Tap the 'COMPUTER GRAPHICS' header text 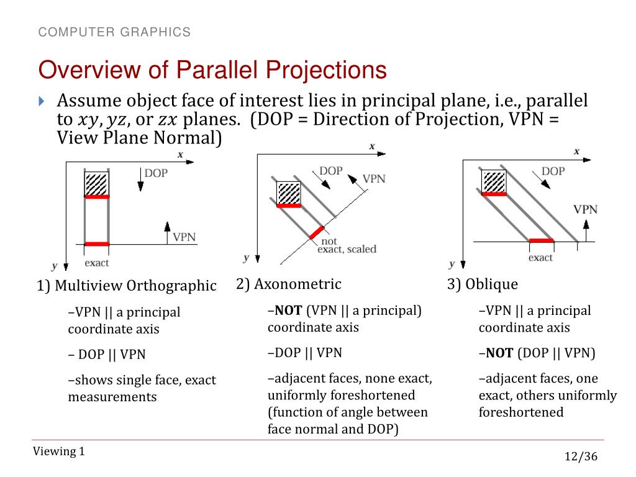click(114, 32)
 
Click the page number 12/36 click(580, 457)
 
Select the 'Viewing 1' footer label click(59, 452)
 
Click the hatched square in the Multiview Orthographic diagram click(97, 184)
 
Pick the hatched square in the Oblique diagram click(494, 181)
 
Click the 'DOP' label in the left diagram click(156, 173)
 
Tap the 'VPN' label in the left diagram click(184, 237)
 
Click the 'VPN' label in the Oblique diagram click(585, 209)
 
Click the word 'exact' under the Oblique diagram click(540, 257)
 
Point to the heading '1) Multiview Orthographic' click(126, 286)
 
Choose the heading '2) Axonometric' click(289, 284)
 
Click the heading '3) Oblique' click(483, 284)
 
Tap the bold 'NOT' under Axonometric click(289, 311)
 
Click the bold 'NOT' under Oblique click(499, 353)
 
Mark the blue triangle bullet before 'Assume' click(42, 101)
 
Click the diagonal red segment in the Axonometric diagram click(316, 232)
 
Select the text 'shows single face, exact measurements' click(142, 388)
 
